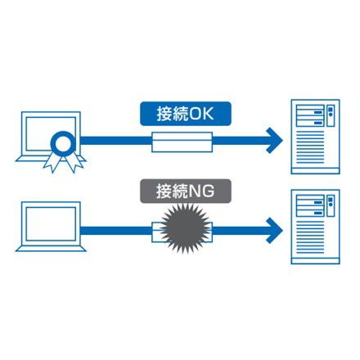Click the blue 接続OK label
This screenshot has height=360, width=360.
(x=186, y=114)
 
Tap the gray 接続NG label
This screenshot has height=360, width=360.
(x=186, y=191)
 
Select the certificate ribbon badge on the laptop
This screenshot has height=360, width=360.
(x=63, y=151)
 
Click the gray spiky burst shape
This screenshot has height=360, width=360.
(x=186, y=228)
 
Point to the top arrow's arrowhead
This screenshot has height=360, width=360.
(x=274, y=140)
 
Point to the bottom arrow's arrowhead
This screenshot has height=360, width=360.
(x=274, y=231)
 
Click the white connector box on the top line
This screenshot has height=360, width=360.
(x=182, y=142)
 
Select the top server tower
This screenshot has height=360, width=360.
(x=315, y=137)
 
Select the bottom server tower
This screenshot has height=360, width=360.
(x=315, y=227)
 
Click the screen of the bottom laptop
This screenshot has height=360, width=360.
(x=51, y=224)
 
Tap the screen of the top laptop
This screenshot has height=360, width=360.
(x=51, y=133)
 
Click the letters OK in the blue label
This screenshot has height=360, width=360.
(x=201, y=114)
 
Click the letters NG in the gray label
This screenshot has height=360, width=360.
(x=201, y=191)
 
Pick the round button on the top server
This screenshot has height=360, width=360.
(x=331, y=115)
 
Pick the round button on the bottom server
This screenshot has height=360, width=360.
(x=331, y=205)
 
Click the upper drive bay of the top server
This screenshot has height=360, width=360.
(x=310, y=110)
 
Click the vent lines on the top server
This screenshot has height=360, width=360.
(x=310, y=147)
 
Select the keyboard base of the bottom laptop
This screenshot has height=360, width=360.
(x=51, y=249)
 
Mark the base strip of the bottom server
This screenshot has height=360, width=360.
(x=315, y=261)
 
